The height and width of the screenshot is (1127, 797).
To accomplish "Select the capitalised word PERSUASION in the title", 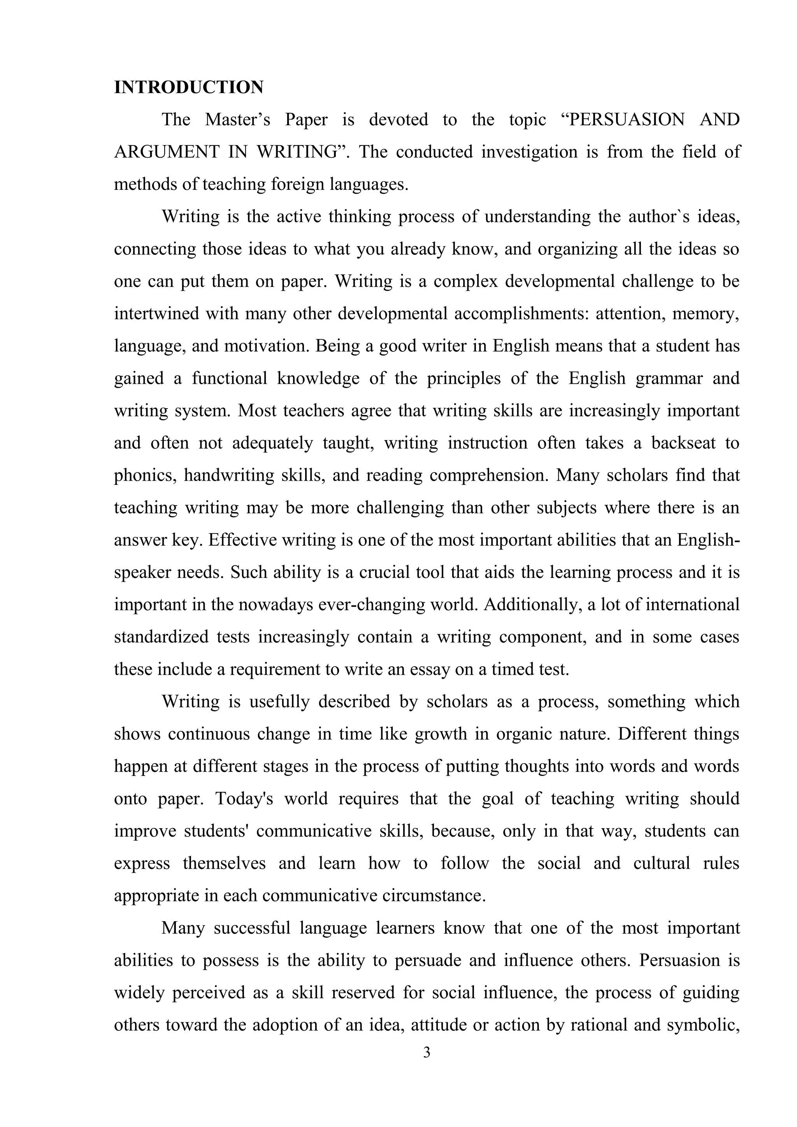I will pyautogui.click(x=626, y=120).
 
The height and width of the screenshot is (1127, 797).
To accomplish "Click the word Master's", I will pyautogui.click(x=237, y=120).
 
